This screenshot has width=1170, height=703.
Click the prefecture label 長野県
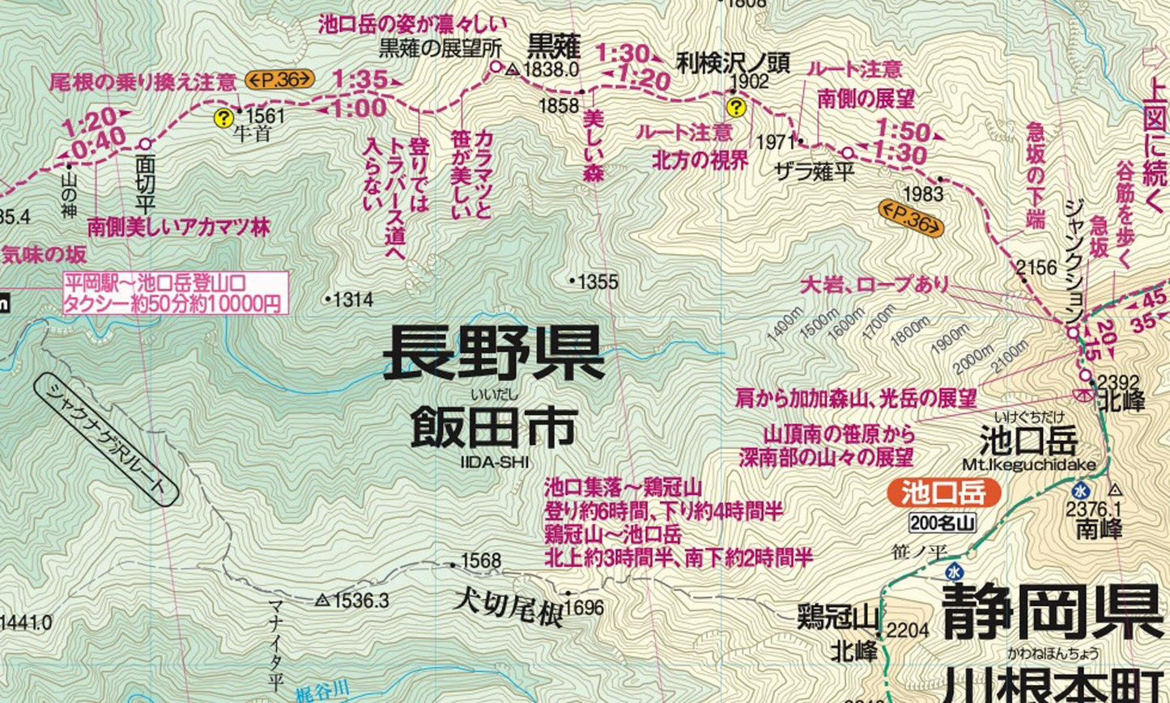[x=493, y=354]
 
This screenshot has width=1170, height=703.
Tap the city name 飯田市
[x=493, y=427]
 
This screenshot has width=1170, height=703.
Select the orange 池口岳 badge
[x=943, y=492]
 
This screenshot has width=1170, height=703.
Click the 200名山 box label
[x=942, y=523]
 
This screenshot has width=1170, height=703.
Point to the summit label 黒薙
[x=555, y=44]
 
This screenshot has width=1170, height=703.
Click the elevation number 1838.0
[x=551, y=70]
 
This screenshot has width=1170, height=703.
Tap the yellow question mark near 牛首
[x=223, y=118]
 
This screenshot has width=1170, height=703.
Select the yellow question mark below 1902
[x=735, y=107]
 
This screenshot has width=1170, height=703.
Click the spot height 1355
[x=598, y=282]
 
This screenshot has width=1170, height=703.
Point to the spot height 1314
[x=353, y=300]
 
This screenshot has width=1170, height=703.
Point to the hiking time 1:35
[x=360, y=79]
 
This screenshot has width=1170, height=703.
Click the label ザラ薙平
[x=815, y=172]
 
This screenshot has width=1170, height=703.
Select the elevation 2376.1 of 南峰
[x=1093, y=509]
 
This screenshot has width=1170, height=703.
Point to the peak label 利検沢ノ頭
[x=733, y=62]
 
